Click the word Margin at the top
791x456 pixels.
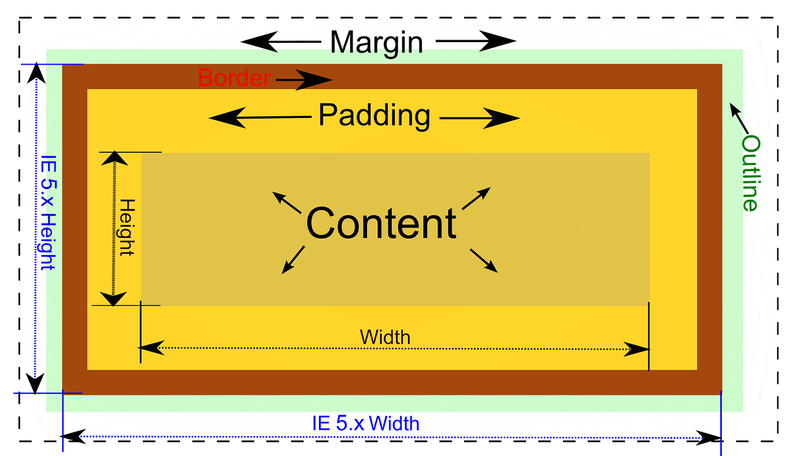376,43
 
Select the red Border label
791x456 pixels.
234,78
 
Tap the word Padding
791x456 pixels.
374,116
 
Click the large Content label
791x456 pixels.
381,223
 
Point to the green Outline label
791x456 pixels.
750,173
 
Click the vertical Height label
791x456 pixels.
127,227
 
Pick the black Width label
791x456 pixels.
385,337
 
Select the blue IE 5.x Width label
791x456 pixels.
365,423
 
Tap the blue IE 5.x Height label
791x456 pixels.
47,212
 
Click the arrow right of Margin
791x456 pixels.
476,42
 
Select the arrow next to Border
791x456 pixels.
304,80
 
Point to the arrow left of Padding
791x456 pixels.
259,118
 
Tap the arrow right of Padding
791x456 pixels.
480,119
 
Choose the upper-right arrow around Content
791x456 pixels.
477,198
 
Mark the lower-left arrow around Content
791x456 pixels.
293,260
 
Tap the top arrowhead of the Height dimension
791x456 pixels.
115,158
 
